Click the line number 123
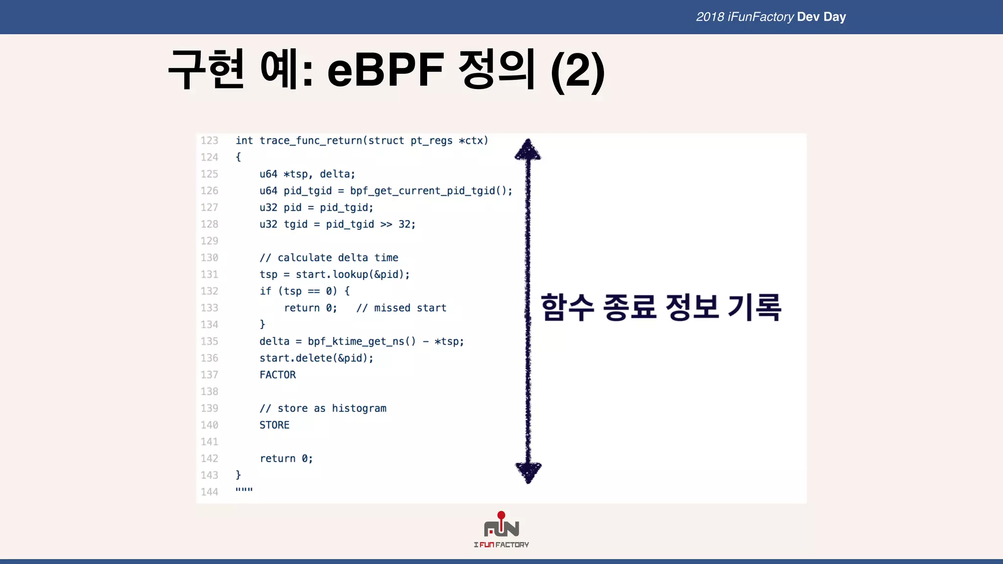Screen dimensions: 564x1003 pyautogui.click(x=209, y=141)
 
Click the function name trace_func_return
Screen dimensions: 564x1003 pyautogui.click(x=311, y=141)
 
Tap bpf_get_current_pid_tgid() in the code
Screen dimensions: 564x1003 pyautogui.click(x=430, y=191)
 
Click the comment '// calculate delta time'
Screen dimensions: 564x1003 pyautogui.click(x=329, y=258)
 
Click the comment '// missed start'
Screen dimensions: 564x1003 pyautogui.click(x=401, y=308)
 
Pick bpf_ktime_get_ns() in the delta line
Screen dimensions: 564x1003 pyautogui.click(x=361, y=341)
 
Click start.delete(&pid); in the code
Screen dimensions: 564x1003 pyautogui.click(x=316, y=358)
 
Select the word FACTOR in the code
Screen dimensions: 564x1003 pyautogui.click(x=277, y=375)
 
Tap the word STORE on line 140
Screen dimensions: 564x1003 pyautogui.click(x=274, y=425)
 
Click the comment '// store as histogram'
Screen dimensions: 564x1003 pyautogui.click(x=323, y=408)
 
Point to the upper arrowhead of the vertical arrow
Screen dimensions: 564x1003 pyautogui.click(x=527, y=149)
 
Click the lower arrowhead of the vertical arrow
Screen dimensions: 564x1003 pyautogui.click(x=528, y=471)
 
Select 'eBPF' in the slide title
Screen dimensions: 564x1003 pyautogui.click(x=385, y=70)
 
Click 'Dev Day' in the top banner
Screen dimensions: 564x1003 pyautogui.click(x=821, y=17)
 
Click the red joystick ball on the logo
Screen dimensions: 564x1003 pyautogui.click(x=501, y=515)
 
